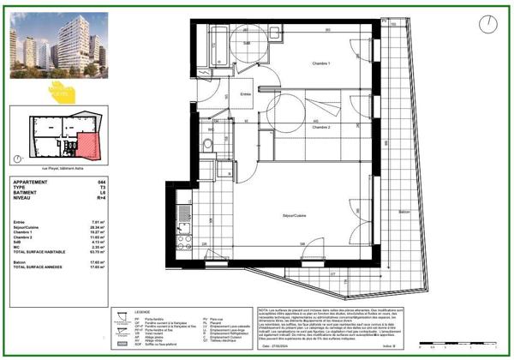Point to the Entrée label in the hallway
245,94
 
